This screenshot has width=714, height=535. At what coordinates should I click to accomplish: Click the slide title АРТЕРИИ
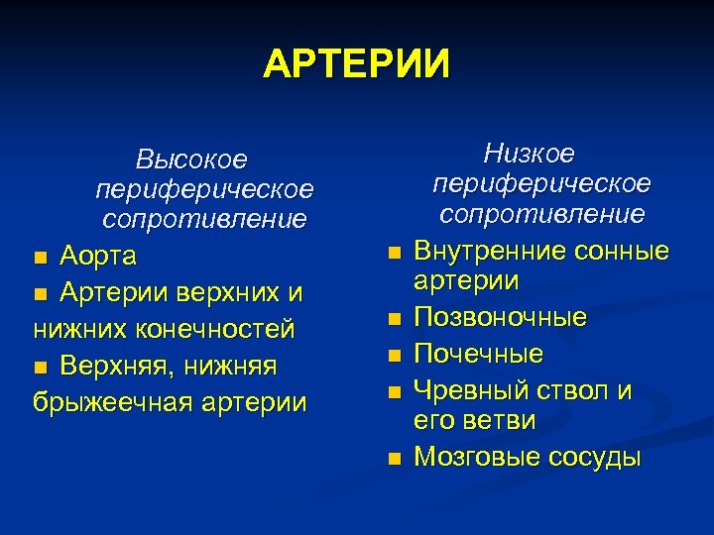pos(356,64)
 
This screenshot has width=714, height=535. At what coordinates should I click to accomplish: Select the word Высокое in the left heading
pos(191,159)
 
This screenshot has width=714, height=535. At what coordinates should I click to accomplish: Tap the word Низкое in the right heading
pos(529,154)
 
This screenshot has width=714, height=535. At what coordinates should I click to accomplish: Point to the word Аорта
pos(98,257)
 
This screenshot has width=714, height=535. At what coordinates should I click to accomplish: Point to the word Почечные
pos(479,354)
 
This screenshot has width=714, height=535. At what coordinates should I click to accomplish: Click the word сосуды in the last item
pos(596,457)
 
